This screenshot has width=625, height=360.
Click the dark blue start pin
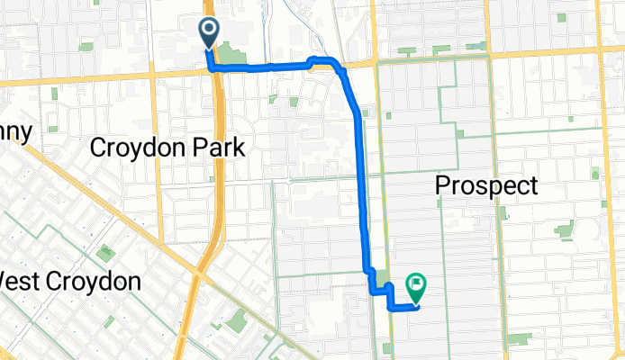209,31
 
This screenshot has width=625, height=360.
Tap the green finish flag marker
416,286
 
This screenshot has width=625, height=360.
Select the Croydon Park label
168,148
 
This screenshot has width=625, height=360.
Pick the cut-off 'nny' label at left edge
15,132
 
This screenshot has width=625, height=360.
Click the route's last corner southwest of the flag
391,308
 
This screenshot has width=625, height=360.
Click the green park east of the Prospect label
565,229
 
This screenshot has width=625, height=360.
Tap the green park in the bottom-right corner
519,340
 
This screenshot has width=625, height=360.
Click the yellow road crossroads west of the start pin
154,79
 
